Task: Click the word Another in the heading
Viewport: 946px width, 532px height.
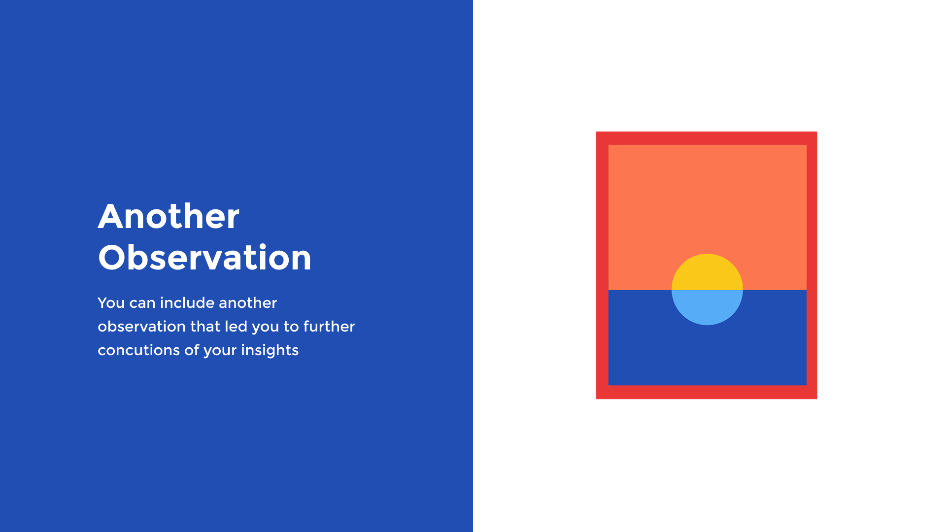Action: coord(169,216)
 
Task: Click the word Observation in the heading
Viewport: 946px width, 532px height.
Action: coord(204,257)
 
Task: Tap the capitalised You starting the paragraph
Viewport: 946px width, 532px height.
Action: coord(111,303)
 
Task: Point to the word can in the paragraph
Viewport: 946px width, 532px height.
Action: coord(142,303)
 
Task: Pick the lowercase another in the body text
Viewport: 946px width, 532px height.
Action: coord(248,302)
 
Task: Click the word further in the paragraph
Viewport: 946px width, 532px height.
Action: coord(329,326)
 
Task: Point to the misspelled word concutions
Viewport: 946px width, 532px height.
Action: coord(138,350)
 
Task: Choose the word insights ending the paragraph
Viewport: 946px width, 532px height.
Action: coord(270,350)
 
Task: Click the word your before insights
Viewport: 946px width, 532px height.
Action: coord(220,351)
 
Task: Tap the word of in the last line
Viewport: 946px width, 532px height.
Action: coord(192,350)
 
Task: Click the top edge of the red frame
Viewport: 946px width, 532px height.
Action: coord(707,138)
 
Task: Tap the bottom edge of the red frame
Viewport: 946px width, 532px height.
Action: coord(707,392)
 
